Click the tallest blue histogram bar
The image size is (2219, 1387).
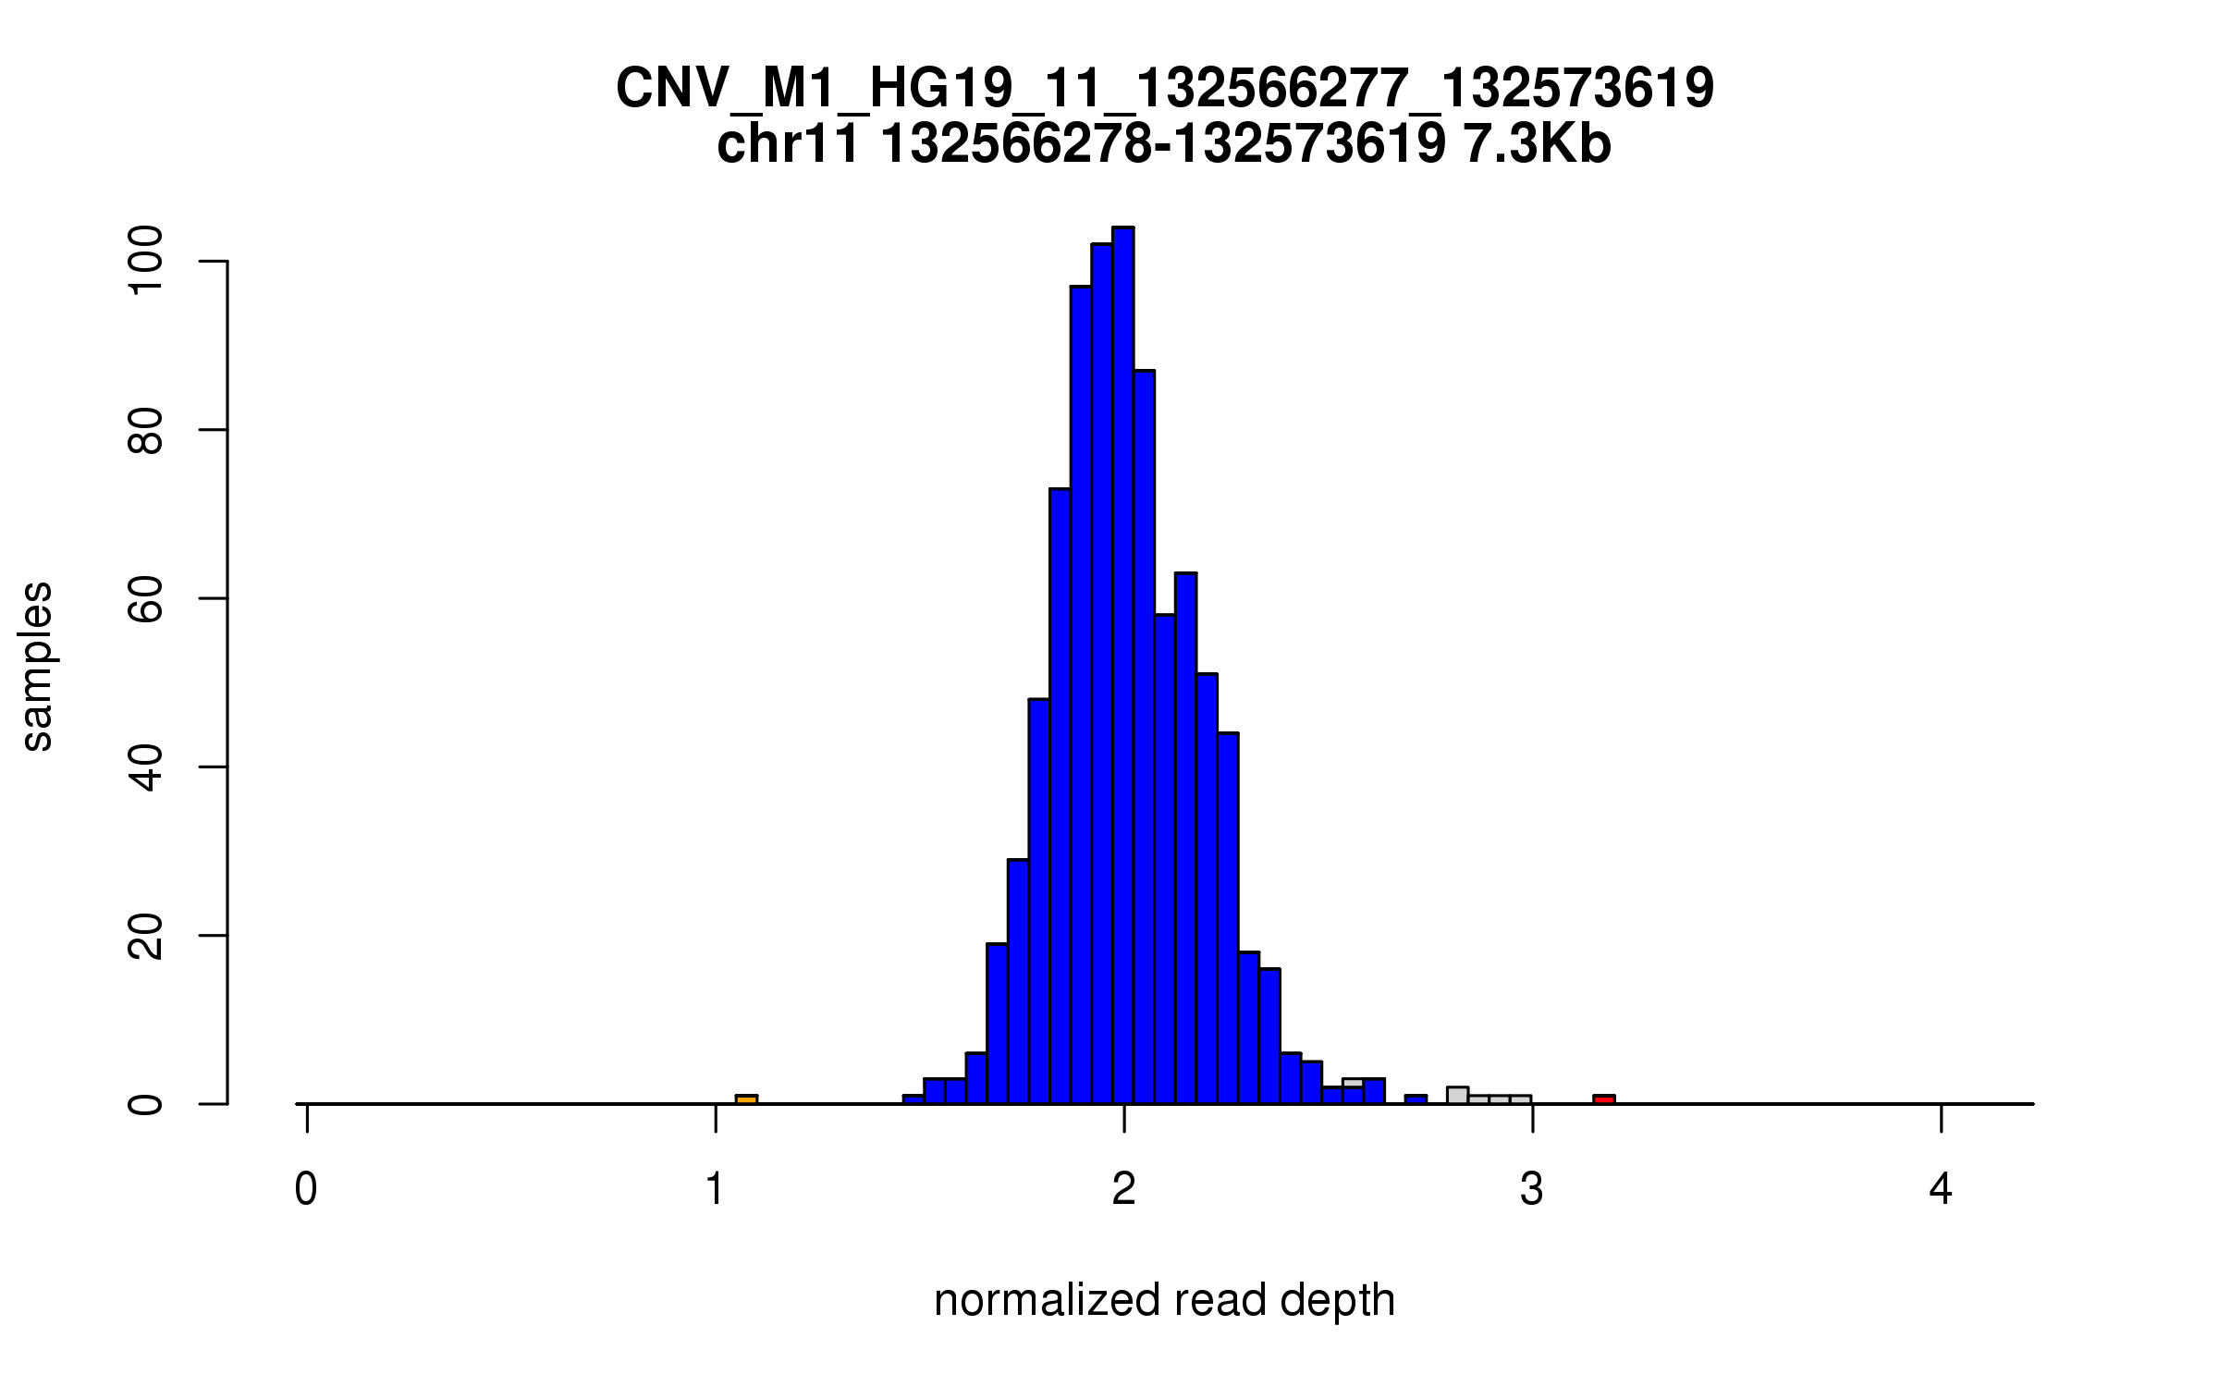pyautogui.click(x=1123, y=666)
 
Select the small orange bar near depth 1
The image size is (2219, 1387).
pyautogui.click(x=746, y=1099)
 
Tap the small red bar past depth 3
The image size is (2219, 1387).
pyautogui.click(x=1604, y=1099)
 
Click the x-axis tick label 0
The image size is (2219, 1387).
pyautogui.click(x=306, y=1190)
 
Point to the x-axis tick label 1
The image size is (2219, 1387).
pyautogui.click(x=715, y=1190)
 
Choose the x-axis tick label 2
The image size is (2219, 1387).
pyautogui.click(x=1123, y=1190)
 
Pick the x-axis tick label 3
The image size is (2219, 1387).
pyautogui.click(x=1532, y=1190)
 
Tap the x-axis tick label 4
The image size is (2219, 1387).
pyautogui.click(x=1941, y=1190)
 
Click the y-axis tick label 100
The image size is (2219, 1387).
pyautogui.click(x=145, y=263)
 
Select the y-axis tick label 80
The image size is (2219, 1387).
pyautogui.click(x=145, y=431)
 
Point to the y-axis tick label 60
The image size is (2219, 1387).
pyautogui.click(x=145, y=599)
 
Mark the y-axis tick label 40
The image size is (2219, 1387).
pyautogui.click(x=145, y=767)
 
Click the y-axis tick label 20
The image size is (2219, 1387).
pyautogui.click(x=145, y=936)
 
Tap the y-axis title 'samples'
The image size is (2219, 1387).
pyautogui.click(x=37, y=666)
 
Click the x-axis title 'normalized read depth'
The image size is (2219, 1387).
pyautogui.click(x=1164, y=1300)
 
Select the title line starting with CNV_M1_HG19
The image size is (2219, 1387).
pyautogui.click(x=1164, y=89)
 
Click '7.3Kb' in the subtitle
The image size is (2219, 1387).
pyautogui.click(x=1537, y=145)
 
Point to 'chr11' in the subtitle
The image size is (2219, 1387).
pyautogui.click(x=788, y=145)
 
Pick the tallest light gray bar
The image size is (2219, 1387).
pyautogui.click(x=1457, y=1095)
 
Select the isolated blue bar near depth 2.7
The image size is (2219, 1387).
pyautogui.click(x=1416, y=1099)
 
